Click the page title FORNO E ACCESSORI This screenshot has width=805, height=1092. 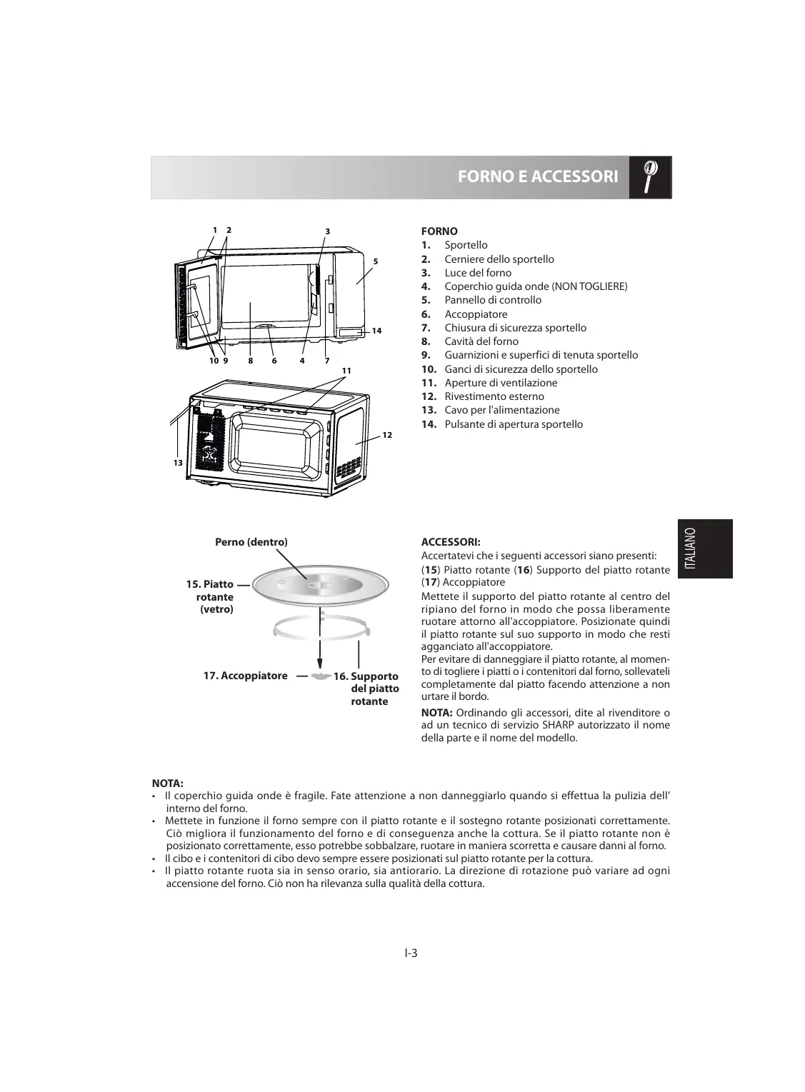(537, 176)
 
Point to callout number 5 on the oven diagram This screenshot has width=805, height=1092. (374, 261)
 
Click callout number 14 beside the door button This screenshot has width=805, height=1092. (376, 331)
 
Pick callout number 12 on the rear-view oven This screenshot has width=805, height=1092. (386, 435)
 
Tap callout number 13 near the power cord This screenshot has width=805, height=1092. (178, 463)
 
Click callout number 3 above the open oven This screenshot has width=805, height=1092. (327, 231)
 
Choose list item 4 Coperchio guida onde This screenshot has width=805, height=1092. (536, 286)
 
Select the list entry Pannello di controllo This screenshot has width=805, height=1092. (493, 300)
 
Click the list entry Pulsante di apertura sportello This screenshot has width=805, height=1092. (514, 424)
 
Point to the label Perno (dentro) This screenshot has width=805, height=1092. (251, 542)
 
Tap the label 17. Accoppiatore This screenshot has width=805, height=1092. (245, 676)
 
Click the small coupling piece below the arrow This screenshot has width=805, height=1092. (321, 675)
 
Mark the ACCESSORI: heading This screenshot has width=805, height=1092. (451, 542)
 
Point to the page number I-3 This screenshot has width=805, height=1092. (410, 953)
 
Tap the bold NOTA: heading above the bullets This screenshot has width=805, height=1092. (168, 783)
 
